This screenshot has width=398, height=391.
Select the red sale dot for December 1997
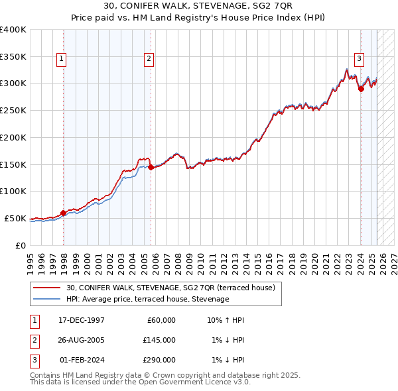[x=64, y=213]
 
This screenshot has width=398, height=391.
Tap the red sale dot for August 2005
[x=151, y=168]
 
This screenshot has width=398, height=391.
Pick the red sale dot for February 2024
[x=361, y=89]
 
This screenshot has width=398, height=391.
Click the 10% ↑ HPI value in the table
[x=226, y=320]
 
